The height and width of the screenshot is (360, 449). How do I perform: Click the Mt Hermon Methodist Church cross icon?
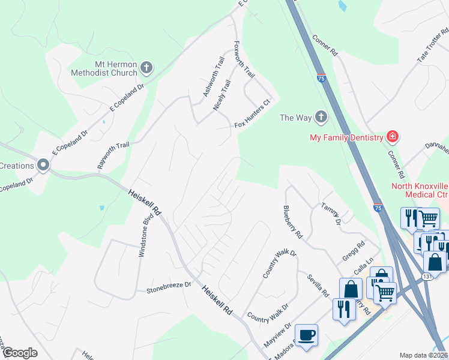click(148, 69)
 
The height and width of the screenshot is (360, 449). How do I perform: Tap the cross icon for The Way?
click(321, 118)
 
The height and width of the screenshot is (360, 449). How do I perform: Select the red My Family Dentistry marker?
click(392, 137)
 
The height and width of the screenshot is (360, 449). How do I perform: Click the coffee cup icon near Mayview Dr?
click(306, 335)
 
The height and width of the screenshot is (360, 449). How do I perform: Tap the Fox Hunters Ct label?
click(253, 119)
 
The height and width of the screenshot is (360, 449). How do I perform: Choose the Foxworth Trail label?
click(244, 59)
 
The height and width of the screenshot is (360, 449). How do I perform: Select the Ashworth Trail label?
click(214, 77)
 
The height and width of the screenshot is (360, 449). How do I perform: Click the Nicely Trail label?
click(222, 95)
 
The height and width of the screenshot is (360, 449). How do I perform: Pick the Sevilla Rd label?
click(318, 285)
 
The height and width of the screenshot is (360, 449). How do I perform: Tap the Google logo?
click(19, 352)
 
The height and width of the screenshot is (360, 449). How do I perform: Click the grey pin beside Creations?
click(43, 164)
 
